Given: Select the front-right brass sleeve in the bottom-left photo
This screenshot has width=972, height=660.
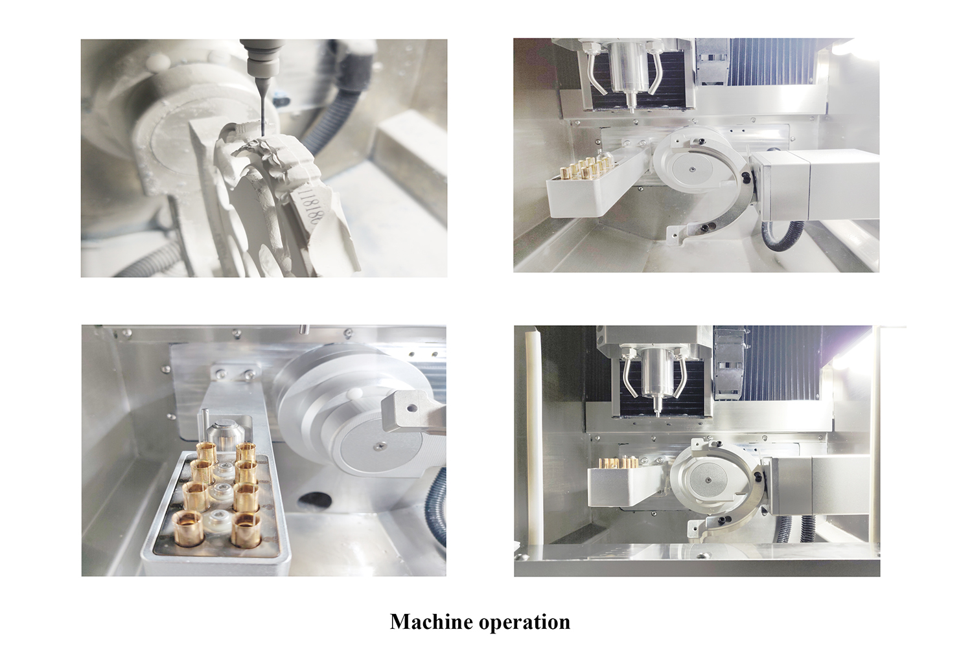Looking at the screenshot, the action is coord(245,529).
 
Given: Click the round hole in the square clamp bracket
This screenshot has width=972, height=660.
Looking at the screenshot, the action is coord(410,408).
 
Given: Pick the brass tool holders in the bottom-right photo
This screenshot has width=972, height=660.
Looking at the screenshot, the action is coord(619,463).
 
